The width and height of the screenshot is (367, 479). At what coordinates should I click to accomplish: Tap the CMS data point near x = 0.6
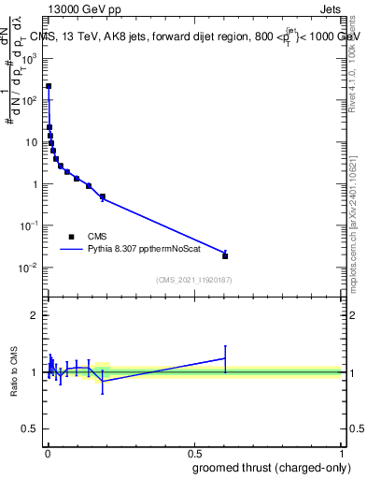[x=225, y=255]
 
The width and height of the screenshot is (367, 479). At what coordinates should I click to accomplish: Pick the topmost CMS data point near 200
[x=49, y=86]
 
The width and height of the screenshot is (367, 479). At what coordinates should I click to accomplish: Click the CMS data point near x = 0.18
[x=102, y=197]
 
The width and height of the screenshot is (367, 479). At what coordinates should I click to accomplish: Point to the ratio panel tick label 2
[x=34, y=315]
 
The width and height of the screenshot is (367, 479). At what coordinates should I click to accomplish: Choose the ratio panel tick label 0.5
[x=31, y=429]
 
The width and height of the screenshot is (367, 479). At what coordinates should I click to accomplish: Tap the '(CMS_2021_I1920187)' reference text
[x=193, y=280]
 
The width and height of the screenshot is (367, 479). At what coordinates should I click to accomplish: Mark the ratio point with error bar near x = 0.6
[x=225, y=358]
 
